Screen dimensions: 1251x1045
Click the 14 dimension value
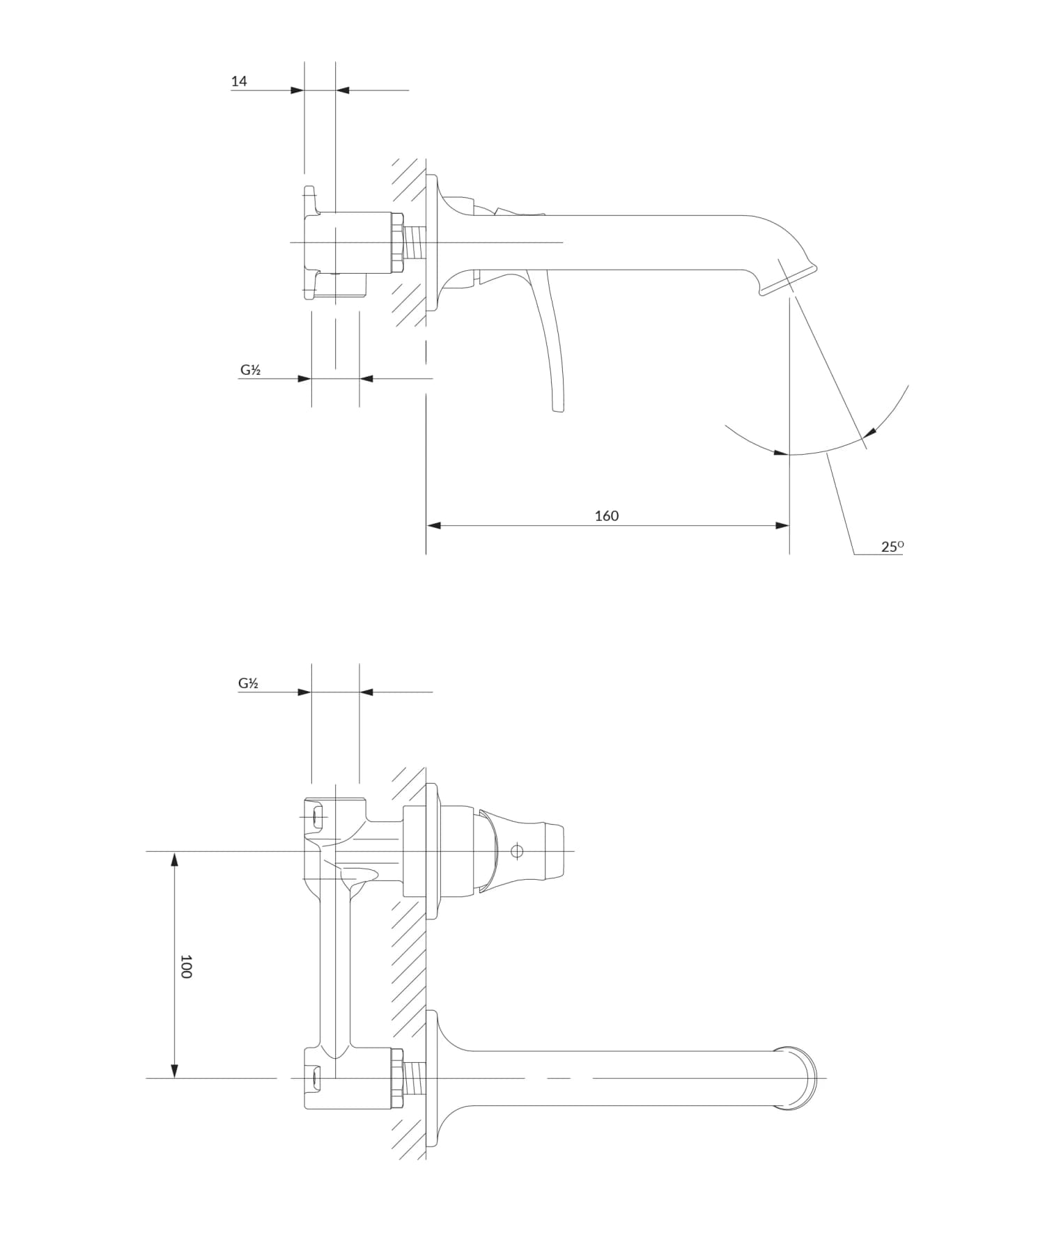239,81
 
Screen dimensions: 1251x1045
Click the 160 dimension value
606,515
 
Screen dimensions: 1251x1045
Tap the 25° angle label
892,547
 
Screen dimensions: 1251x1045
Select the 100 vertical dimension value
185,966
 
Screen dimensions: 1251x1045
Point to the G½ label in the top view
250,370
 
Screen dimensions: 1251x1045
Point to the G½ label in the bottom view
249,683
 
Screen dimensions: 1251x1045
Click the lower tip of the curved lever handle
557,409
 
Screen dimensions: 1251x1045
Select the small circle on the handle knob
517,850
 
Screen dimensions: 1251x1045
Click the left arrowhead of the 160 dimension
433,525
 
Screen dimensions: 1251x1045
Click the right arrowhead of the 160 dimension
782,525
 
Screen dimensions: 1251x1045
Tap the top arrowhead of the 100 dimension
175,859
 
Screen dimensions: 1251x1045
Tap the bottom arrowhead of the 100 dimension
175,1071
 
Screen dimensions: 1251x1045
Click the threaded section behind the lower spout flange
415,1078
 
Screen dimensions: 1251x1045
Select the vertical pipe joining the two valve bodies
335,968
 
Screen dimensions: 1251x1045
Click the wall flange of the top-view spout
431,242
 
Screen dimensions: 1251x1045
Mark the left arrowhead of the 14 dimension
297,90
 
